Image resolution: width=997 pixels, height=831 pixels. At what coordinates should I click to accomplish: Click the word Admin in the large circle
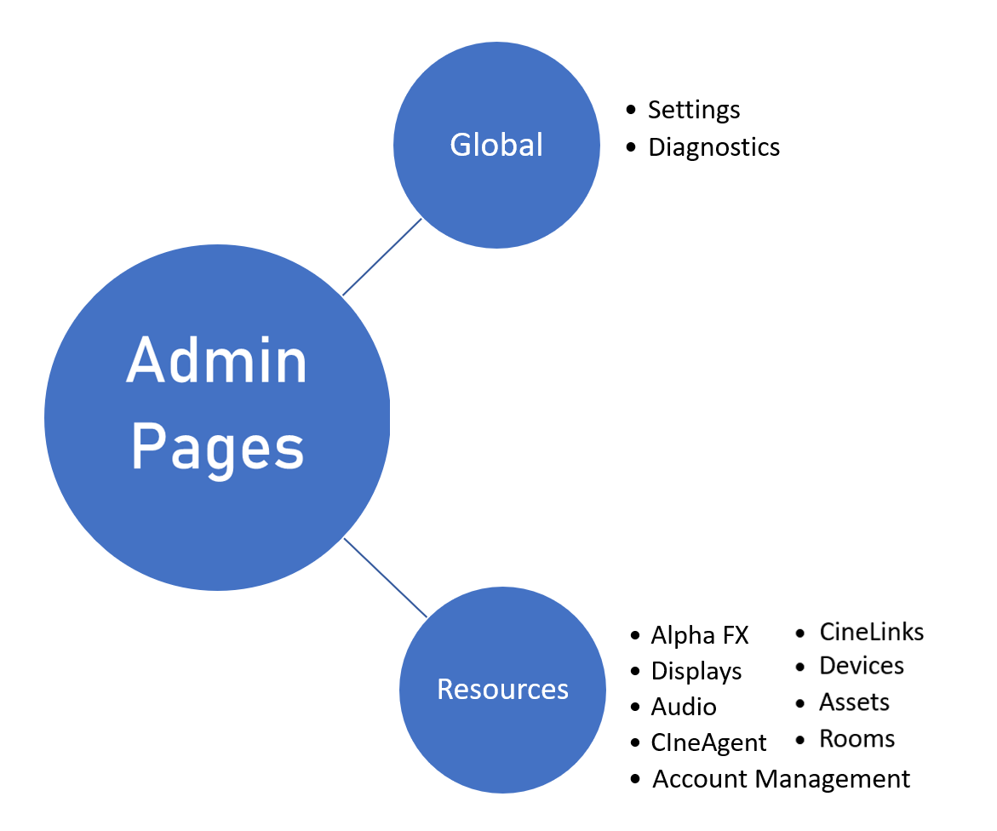216,361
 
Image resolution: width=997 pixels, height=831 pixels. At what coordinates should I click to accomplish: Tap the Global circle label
496,145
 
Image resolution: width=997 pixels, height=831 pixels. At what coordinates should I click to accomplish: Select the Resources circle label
502,689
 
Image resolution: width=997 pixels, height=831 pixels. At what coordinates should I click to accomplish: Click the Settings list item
694,110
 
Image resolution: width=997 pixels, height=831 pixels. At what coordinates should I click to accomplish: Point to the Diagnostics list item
713,147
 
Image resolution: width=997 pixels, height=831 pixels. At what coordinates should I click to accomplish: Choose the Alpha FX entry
699,635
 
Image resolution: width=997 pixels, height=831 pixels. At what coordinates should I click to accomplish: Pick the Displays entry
696,671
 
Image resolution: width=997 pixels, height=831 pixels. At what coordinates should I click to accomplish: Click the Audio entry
684,707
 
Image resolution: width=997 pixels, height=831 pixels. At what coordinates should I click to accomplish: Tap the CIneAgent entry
708,742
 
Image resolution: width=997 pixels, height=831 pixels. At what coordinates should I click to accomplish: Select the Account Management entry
781,779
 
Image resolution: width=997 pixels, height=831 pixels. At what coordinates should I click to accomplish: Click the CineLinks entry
871,632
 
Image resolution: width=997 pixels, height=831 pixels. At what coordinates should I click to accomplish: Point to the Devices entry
861,666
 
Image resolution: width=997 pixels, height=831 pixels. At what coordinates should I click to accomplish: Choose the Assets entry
854,702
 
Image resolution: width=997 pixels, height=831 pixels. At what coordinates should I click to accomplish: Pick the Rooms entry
857,738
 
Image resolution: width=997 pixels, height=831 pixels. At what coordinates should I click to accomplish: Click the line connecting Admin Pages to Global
382,257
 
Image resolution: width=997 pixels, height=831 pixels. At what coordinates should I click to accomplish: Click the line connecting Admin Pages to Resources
385,577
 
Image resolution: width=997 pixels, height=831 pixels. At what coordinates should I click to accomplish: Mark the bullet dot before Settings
631,110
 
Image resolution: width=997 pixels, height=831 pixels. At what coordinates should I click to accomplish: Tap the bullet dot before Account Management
635,779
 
